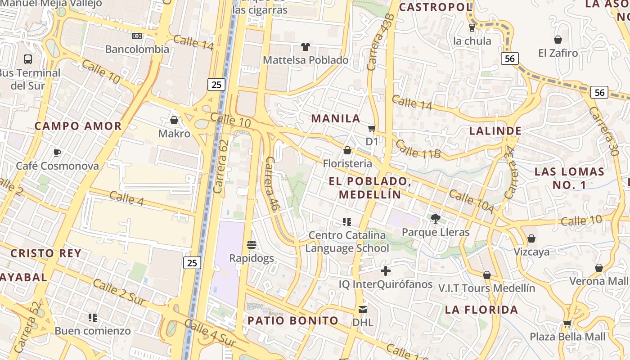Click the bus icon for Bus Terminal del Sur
click(x=28, y=59)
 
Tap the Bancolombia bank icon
click(x=137, y=36)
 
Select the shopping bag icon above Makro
click(x=174, y=120)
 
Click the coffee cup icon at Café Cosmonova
click(x=57, y=153)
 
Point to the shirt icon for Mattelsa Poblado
click(x=306, y=46)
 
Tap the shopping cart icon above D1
click(x=372, y=129)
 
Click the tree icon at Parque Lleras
click(x=435, y=219)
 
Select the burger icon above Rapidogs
click(x=252, y=245)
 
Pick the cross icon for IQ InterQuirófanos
click(x=386, y=271)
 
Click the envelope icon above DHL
click(x=363, y=310)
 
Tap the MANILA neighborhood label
click(x=336, y=118)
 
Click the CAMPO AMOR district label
click(x=78, y=126)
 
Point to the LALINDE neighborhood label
click(x=495, y=131)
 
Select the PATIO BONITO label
click(x=293, y=320)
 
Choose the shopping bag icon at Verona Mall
click(x=598, y=268)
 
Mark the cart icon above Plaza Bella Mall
click(x=567, y=323)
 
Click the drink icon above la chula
click(x=472, y=27)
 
